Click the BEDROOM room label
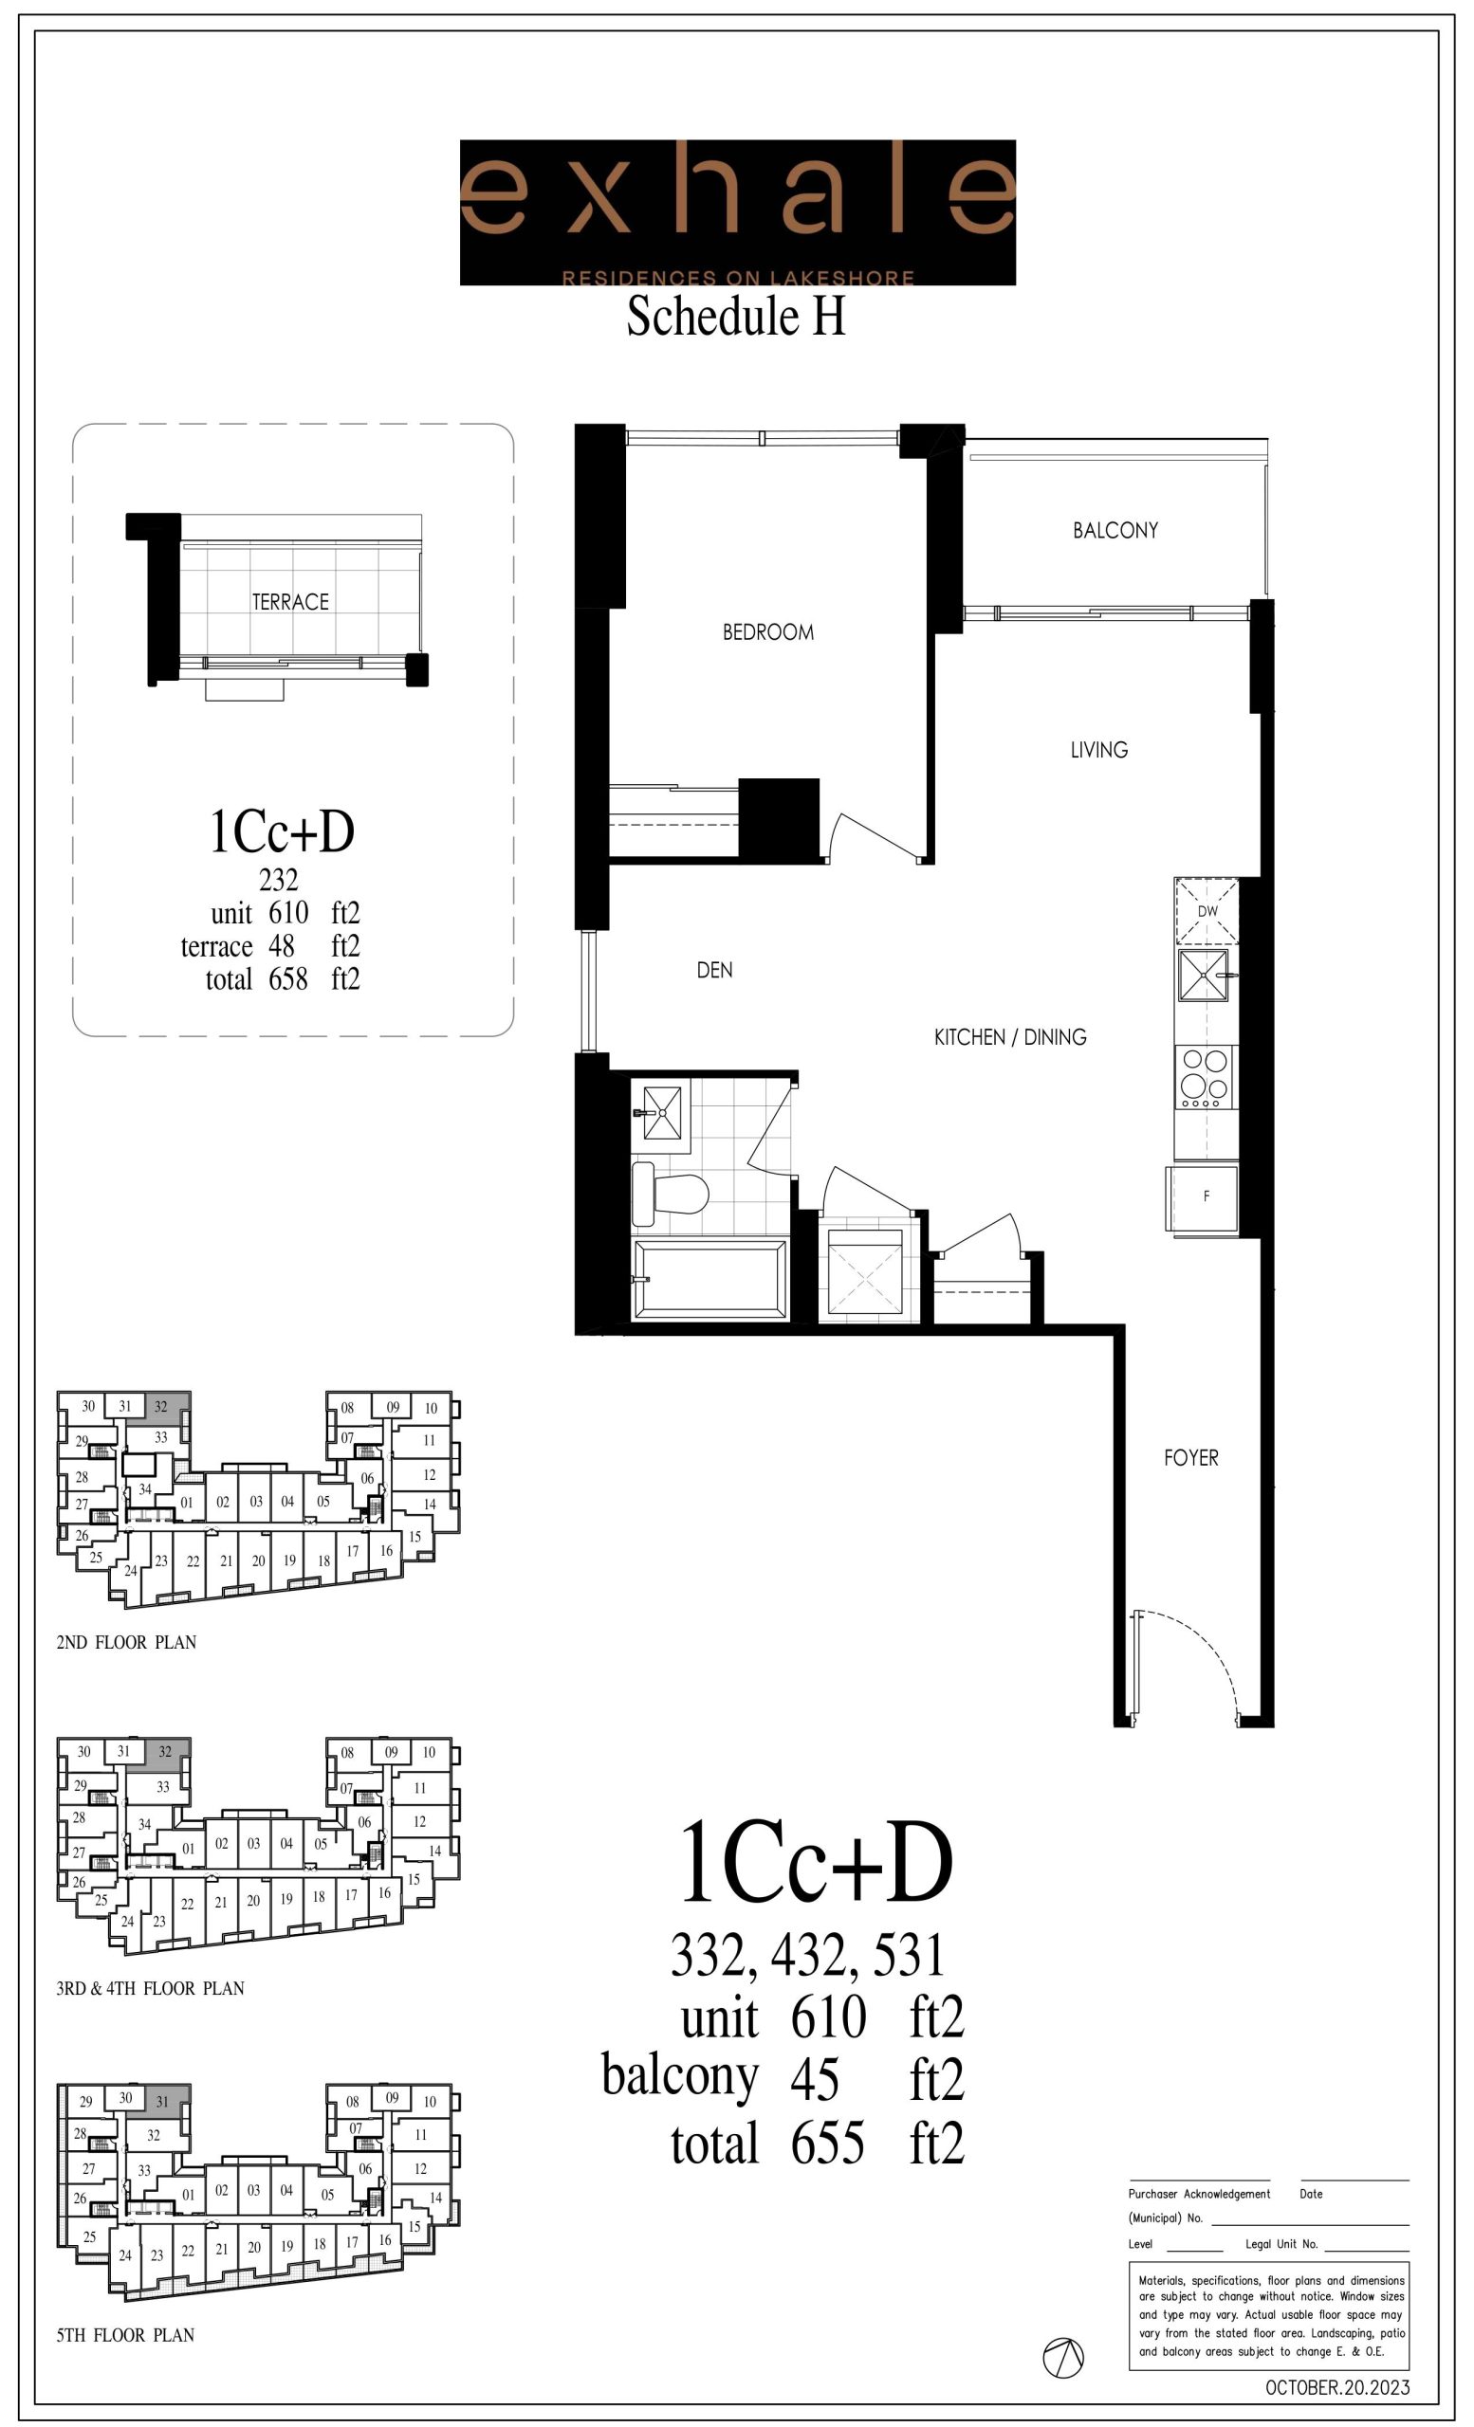768,632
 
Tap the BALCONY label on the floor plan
1115,530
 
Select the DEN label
714,970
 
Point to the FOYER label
1191,1458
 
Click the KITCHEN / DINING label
1010,1036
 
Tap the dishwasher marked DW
1206,911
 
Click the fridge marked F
1203,1196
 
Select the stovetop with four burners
1206,1079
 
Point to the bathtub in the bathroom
710,1279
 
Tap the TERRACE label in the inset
290,602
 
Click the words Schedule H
737,318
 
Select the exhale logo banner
738,212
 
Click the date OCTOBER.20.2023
1337,2387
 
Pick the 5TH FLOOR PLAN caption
125,2335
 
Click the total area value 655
828,2144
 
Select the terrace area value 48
282,945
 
